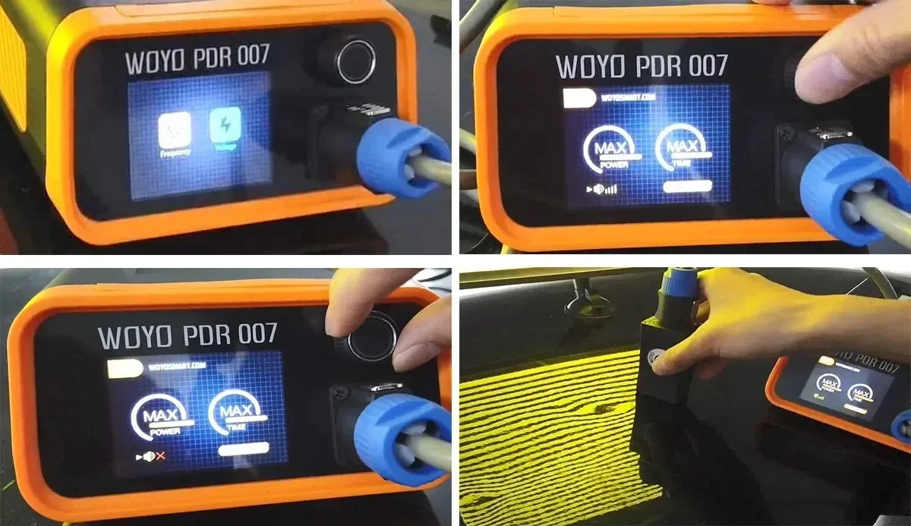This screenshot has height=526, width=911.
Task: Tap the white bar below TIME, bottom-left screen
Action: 244,448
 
